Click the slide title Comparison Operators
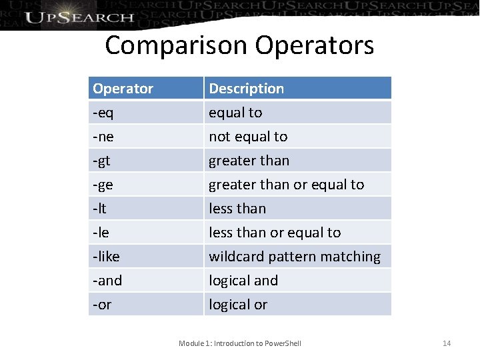pos(239,45)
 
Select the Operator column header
pos(123,89)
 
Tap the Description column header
pos(246,89)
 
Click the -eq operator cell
pos(103,113)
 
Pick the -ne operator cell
pos(103,137)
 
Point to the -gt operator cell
pos(102,161)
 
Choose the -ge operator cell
pos(103,185)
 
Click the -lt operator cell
pos(99,209)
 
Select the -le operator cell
pos(101,233)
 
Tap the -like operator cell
pos(106,257)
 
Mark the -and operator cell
pos(107,281)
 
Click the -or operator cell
pos(102,305)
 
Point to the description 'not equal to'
pos(248,137)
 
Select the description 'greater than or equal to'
pos(287,185)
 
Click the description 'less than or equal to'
pos(275,233)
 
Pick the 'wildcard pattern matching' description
pos(295,257)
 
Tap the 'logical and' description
pos(243,281)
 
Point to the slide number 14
pos(447,343)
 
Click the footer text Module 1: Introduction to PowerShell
pos(240,343)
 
